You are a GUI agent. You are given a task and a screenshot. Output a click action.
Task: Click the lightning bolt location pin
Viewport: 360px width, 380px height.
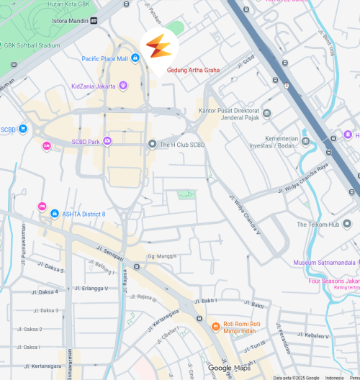tap(159, 47)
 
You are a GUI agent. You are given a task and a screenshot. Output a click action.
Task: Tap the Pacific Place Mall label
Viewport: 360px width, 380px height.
tap(104, 59)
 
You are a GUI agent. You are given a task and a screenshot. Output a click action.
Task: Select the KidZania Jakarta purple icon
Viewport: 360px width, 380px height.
tap(122, 86)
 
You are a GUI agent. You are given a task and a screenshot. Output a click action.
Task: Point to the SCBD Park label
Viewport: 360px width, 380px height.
tap(85, 141)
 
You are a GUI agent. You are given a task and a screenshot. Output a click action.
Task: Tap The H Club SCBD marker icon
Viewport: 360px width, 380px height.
tap(152, 144)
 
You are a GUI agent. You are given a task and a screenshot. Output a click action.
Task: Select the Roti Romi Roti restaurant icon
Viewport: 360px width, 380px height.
tap(215, 326)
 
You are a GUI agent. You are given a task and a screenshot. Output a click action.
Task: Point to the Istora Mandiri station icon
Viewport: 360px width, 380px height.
tap(94, 21)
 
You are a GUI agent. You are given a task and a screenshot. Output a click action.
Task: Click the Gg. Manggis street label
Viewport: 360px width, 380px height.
tap(162, 255)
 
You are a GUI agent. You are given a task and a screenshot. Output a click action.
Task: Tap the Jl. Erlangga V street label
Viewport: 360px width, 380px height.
tap(91, 289)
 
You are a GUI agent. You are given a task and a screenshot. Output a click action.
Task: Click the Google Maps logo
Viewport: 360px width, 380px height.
tap(230, 368)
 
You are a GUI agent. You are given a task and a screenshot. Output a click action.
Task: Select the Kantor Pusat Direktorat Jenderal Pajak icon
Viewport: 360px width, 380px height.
tap(267, 113)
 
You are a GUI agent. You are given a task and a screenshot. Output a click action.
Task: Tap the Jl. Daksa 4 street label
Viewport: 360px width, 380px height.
tap(45, 292)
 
